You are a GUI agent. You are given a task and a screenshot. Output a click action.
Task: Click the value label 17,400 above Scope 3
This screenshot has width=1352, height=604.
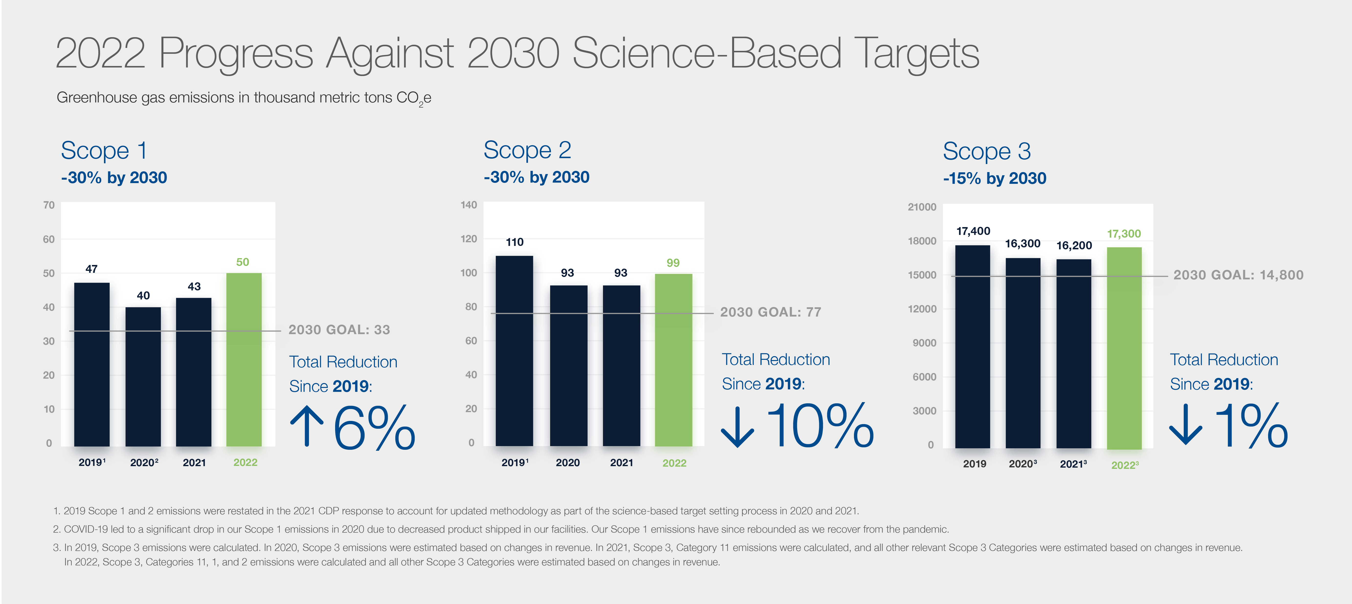point(973,231)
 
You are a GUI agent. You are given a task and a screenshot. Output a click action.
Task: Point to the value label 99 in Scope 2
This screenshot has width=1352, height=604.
point(673,263)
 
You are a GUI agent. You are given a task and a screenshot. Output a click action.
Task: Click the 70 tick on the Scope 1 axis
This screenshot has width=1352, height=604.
point(49,205)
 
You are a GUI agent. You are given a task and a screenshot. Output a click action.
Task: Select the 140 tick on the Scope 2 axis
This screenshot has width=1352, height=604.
point(469,205)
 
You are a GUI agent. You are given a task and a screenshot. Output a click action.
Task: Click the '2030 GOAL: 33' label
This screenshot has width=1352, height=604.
point(339,330)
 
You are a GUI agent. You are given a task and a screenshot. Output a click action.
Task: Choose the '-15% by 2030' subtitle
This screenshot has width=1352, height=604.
point(995,178)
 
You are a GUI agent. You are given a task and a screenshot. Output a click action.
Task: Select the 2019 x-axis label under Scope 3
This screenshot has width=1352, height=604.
point(974,464)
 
